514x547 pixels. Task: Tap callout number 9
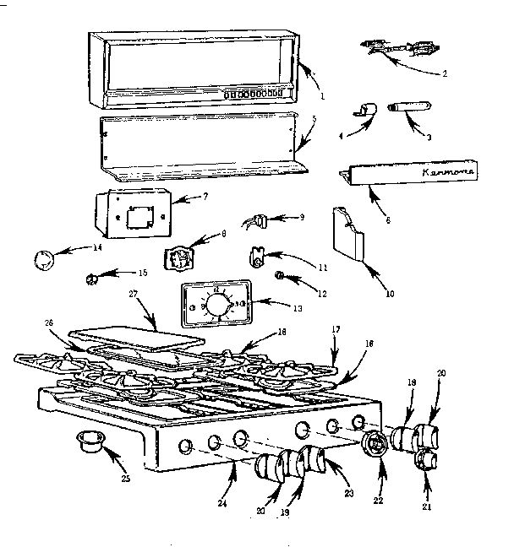(x=301, y=217)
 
